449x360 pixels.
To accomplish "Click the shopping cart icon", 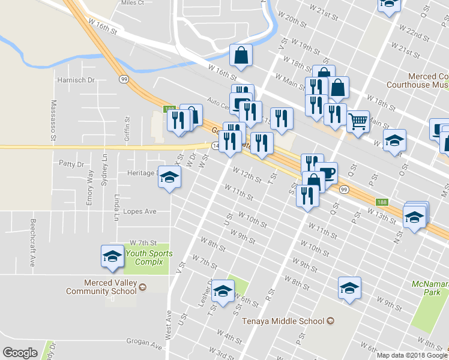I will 358,122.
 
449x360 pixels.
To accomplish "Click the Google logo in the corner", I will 20,353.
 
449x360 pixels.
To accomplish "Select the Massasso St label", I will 53,121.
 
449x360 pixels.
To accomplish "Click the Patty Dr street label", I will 71,163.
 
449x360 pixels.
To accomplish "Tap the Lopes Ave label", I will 139,211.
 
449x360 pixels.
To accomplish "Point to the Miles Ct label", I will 132,3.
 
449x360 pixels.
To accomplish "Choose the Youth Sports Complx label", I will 149,257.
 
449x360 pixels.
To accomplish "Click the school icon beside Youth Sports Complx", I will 112,256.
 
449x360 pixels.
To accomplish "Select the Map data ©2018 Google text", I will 412,355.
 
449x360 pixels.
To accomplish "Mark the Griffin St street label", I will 127,128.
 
